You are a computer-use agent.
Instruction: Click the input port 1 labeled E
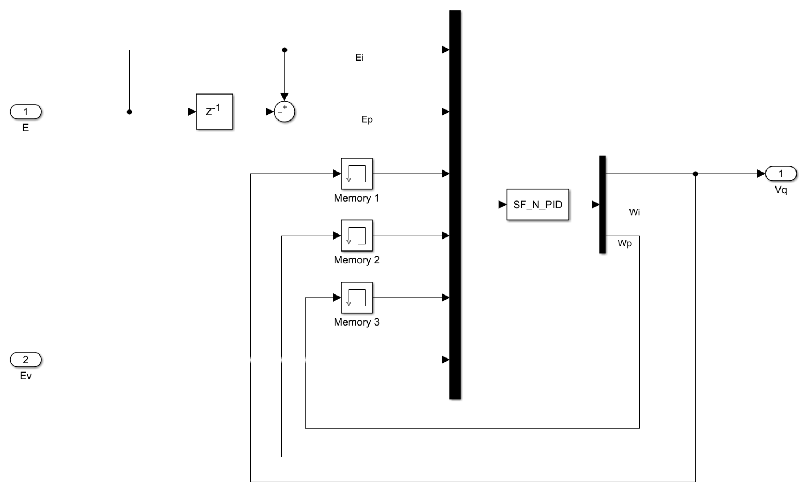26,112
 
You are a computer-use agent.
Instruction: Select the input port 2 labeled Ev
26,360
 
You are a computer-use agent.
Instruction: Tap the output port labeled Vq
781,174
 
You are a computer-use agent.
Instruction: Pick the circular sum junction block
284,112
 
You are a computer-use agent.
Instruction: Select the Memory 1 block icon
356,174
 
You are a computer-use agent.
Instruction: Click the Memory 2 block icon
356,236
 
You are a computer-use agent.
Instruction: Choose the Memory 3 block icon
356,297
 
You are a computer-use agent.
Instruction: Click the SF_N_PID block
538,205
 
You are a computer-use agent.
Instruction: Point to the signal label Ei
359,58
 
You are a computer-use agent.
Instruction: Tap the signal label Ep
367,120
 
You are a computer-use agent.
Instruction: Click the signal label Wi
634,212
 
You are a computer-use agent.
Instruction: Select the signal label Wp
624,243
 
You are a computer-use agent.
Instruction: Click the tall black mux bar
455,205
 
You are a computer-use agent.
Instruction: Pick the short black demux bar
602,205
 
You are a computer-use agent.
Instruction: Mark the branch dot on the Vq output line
695,174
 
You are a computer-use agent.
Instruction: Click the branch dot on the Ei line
285,50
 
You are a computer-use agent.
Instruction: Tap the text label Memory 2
356,260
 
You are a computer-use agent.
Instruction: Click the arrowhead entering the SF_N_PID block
502,205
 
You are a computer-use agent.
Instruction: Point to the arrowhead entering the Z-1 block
192,112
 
